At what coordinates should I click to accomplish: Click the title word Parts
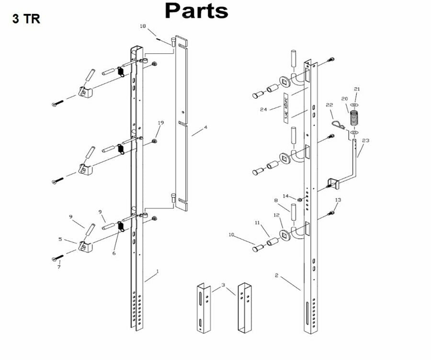click(196, 11)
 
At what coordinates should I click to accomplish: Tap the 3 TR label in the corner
click(26, 20)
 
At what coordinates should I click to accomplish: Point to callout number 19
click(160, 123)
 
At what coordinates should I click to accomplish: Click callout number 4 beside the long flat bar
click(205, 128)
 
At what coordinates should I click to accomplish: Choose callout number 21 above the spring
click(356, 89)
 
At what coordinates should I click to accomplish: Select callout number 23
click(366, 141)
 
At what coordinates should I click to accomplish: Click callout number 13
click(338, 200)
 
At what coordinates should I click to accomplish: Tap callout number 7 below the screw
click(59, 267)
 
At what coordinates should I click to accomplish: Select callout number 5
click(60, 239)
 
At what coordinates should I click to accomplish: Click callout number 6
click(114, 253)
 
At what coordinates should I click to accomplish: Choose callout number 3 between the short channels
click(223, 285)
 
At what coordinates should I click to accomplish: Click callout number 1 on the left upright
click(157, 271)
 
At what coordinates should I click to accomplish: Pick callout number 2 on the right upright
click(276, 275)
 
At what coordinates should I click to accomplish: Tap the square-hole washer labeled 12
click(286, 234)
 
